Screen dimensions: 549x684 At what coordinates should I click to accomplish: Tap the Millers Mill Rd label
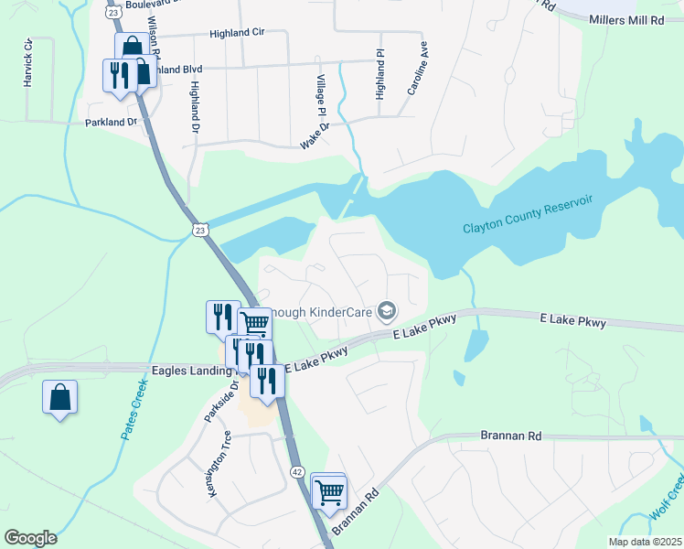click(x=626, y=19)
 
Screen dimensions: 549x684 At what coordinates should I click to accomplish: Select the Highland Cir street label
click(x=236, y=32)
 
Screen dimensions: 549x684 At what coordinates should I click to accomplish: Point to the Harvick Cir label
click(x=28, y=63)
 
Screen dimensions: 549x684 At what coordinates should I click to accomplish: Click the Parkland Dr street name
click(x=111, y=122)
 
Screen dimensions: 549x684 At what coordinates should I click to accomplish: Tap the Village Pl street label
click(x=322, y=96)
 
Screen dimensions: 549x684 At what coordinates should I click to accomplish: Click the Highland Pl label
click(x=380, y=75)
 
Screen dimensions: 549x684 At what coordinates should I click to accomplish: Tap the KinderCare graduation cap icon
click(x=387, y=312)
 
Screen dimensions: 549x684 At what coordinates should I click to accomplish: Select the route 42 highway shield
click(x=298, y=471)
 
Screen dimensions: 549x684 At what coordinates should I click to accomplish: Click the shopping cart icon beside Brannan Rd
click(x=328, y=492)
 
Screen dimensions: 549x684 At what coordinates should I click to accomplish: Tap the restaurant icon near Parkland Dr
click(x=118, y=75)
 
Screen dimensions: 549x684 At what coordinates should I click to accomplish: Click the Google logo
click(x=30, y=538)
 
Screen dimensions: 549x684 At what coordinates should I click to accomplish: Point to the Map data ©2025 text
click(x=645, y=542)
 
